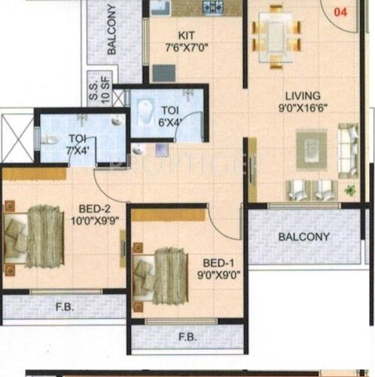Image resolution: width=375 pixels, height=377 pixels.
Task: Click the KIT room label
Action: point(187,35)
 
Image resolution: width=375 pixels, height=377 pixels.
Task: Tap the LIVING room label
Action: point(303,96)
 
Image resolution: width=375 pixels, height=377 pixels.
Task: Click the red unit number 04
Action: point(341,11)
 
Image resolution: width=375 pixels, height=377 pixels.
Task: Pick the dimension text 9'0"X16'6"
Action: point(303,108)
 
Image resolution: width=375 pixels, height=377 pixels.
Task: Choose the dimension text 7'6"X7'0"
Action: point(187,48)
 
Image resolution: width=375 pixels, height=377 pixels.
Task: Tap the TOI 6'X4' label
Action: point(170,117)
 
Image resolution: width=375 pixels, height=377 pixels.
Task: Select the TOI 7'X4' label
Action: point(77,143)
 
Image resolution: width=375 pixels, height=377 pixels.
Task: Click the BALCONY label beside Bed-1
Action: point(303,237)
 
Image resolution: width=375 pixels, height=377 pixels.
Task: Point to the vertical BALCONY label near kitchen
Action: point(111,30)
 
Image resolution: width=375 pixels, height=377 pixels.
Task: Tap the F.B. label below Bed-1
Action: point(187,336)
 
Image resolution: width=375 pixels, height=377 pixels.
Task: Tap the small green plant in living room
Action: point(349,191)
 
